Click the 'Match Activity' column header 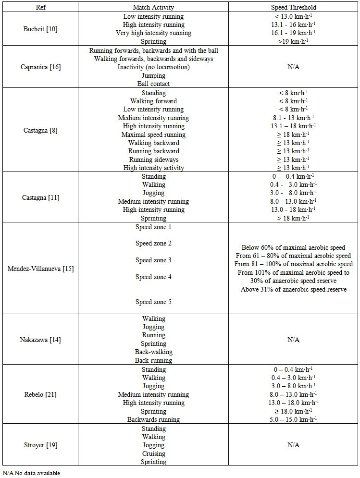(153, 8)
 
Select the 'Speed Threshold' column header (293, 8)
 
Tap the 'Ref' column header (40, 8)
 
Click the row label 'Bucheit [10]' (40, 29)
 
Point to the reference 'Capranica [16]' (40, 67)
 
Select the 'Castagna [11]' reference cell (40, 197)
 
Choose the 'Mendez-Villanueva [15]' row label (40, 269)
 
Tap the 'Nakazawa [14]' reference (40, 340)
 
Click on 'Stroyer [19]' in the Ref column (40, 445)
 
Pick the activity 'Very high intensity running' (153, 33)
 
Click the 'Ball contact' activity (153, 84)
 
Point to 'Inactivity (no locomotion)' (153, 67)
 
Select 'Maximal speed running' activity (153, 135)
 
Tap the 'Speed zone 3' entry (153, 260)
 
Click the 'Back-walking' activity (153, 352)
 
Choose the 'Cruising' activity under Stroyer (153, 453)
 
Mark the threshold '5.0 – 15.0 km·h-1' (293, 419)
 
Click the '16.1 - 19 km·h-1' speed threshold (293, 33)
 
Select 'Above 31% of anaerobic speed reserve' (293, 289)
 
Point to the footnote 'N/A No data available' (31, 473)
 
